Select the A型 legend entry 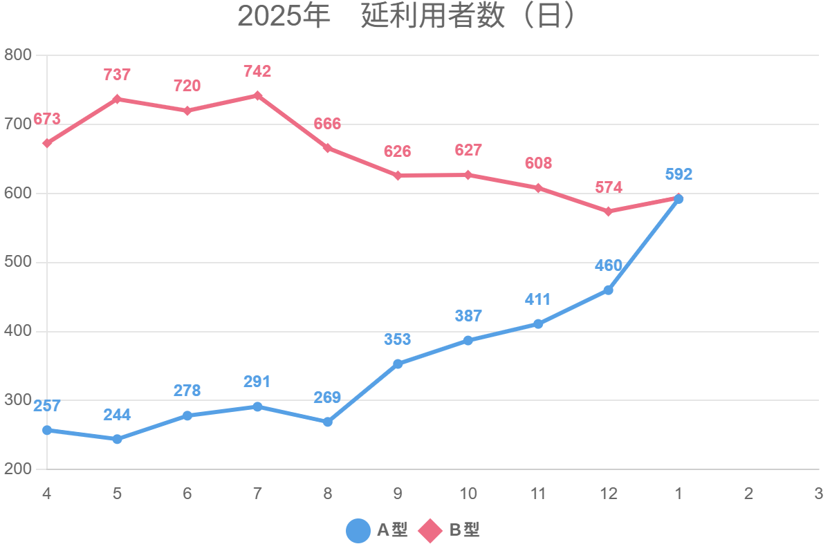pos(377,530)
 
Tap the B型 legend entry pos(450,530)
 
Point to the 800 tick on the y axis pos(18,55)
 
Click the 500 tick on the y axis pos(18,263)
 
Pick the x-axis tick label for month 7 pos(257,494)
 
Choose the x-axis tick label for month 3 pos(818,494)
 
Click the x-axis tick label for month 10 pos(468,494)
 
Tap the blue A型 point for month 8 pos(327,422)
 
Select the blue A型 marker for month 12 pos(608,290)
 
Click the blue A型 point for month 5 pos(117,439)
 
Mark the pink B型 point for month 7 pos(257,95)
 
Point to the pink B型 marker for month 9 pos(398,176)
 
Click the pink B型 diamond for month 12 pos(608,212)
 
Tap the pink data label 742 pos(257,71)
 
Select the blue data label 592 pos(679,175)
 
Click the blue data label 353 pos(398,339)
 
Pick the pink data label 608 pos(538,164)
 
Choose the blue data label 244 pos(117,415)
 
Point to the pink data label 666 pos(327,124)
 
